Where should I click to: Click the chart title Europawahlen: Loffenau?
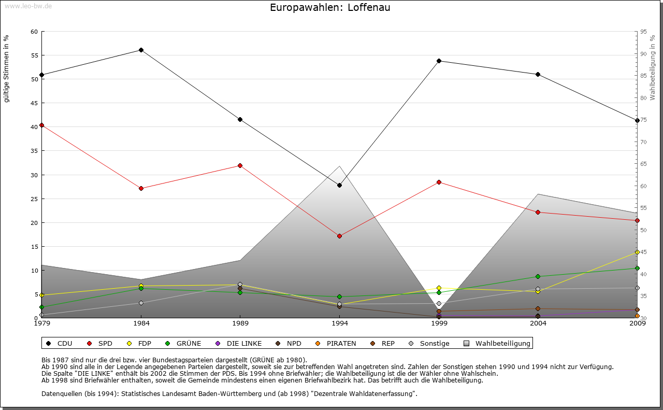(330, 8)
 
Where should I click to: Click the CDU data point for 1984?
(141, 50)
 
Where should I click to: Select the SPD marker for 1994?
(339, 236)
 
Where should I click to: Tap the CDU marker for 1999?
(439, 61)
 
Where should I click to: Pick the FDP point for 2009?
(637, 252)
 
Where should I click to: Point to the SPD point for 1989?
(240, 166)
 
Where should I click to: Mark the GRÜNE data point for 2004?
(538, 277)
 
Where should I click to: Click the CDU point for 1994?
(339, 185)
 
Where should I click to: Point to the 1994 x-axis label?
(340, 323)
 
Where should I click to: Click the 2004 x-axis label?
(538, 323)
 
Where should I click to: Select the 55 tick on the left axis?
(34, 55)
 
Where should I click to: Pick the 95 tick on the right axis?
(643, 32)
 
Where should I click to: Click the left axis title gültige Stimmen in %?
(7, 68)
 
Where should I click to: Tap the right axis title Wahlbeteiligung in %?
(653, 68)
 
